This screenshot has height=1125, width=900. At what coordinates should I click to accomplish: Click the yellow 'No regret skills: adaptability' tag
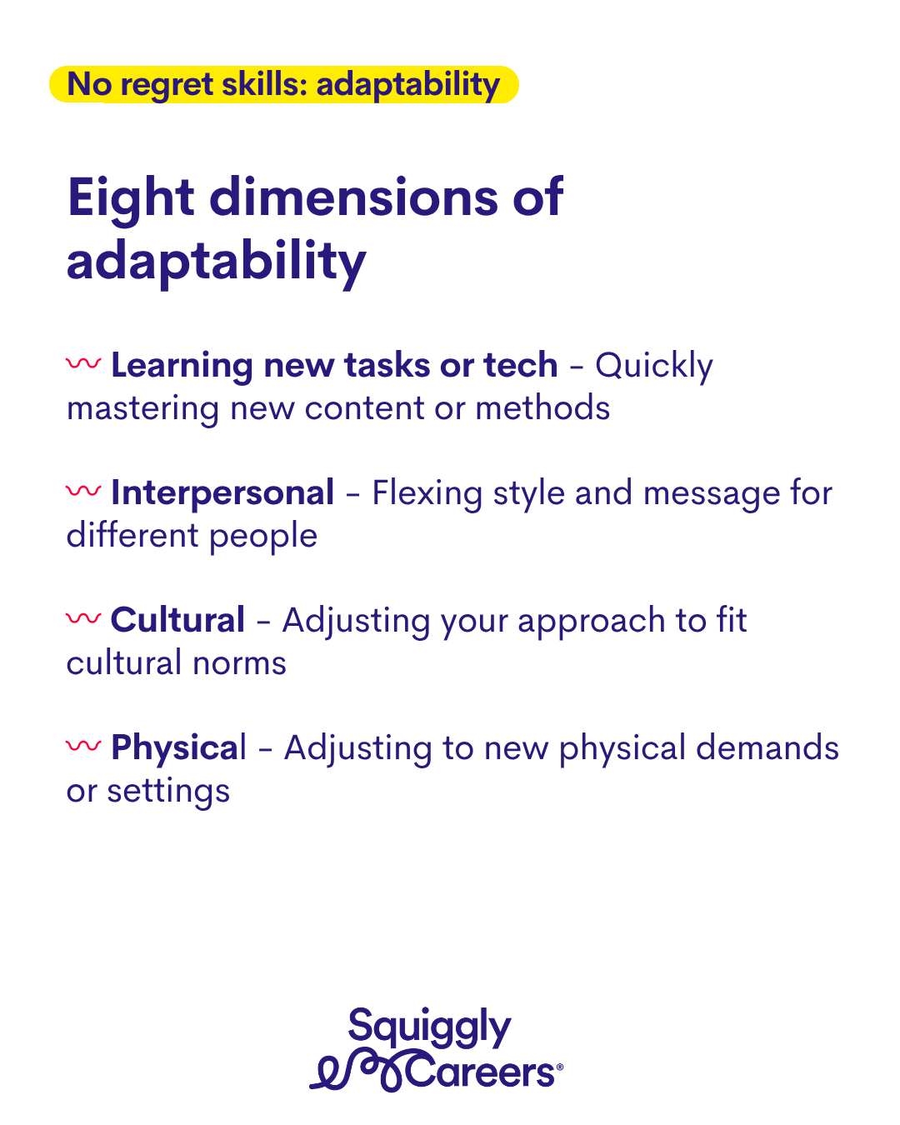pos(283,84)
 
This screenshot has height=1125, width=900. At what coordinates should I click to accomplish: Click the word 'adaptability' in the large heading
pos(217,262)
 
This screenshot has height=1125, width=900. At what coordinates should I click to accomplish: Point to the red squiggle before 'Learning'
pos(83,363)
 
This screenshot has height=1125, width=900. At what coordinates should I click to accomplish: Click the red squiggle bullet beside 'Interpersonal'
pos(83,491)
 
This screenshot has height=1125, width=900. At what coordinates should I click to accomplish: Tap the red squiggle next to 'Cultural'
pos(83,618)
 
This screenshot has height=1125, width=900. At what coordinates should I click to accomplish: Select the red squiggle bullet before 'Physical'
pos(83,746)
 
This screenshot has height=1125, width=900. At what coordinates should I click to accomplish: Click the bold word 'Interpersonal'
pos(222,493)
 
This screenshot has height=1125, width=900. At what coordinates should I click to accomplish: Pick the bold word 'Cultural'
pos(177,620)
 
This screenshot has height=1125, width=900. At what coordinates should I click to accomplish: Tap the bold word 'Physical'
pos(178,749)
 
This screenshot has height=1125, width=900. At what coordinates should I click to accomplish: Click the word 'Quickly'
pos(653,367)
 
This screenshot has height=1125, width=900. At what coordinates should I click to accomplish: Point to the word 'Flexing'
pos(427,494)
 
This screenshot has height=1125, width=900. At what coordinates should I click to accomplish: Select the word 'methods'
pos(542,407)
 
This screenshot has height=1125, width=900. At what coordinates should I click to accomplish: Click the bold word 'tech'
pos(520,365)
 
